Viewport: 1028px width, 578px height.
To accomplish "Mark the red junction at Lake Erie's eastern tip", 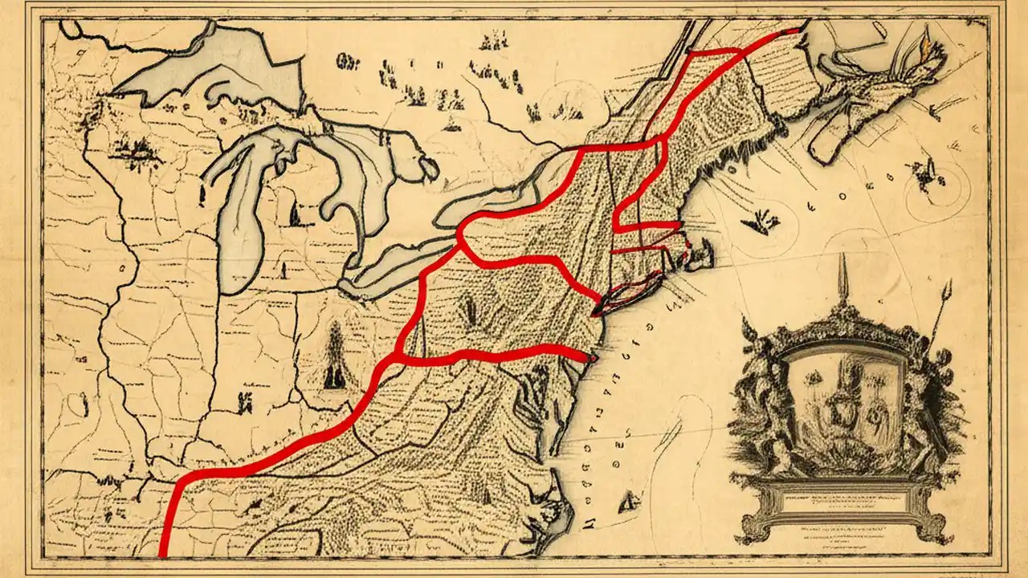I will point(459,235).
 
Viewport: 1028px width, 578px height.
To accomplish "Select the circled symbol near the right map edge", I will point(932,173).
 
